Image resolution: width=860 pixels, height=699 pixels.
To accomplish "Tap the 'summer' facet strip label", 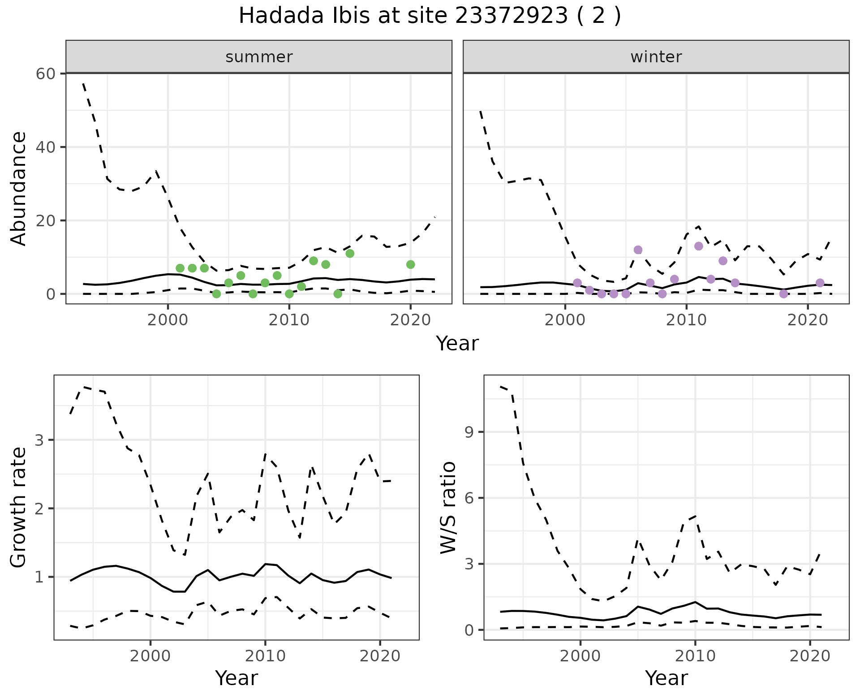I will pyautogui.click(x=259, y=57).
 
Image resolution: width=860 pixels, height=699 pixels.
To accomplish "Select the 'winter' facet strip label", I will pyautogui.click(x=656, y=57).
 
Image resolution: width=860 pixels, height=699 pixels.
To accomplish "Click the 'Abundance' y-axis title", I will pyautogui.click(x=19, y=189).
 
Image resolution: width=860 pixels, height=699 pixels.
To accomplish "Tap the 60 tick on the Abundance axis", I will pyautogui.click(x=45, y=73).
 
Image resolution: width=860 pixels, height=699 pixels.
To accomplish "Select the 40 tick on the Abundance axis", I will pyautogui.click(x=45, y=147).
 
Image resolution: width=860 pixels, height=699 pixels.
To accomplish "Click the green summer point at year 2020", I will pyautogui.click(x=410, y=264).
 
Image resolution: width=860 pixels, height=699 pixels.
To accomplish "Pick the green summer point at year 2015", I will pyautogui.click(x=350, y=254).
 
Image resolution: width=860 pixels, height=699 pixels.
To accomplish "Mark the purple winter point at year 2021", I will pyautogui.click(x=820, y=283).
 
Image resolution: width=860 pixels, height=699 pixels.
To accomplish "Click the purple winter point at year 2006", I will pyautogui.click(x=638, y=250).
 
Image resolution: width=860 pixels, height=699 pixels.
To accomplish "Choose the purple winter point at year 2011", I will pyautogui.click(x=698, y=246).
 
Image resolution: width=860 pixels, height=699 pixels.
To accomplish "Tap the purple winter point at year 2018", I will pyautogui.click(x=783, y=294).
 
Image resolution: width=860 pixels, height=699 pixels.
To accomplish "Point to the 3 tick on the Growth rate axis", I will pyautogui.click(x=39, y=440).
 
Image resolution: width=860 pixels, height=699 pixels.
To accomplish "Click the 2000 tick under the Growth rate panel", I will pyautogui.click(x=150, y=656).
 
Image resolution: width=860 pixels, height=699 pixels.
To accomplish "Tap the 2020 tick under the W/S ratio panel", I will pyautogui.click(x=810, y=656).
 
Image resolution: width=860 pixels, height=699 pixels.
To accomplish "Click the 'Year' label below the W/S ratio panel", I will pyautogui.click(x=666, y=678).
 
